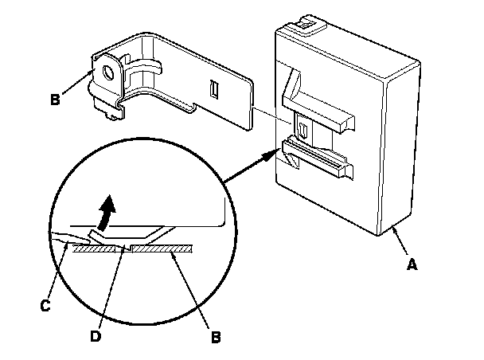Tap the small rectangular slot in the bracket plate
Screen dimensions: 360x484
[213, 90]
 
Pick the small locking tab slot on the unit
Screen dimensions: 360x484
[303, 127]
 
